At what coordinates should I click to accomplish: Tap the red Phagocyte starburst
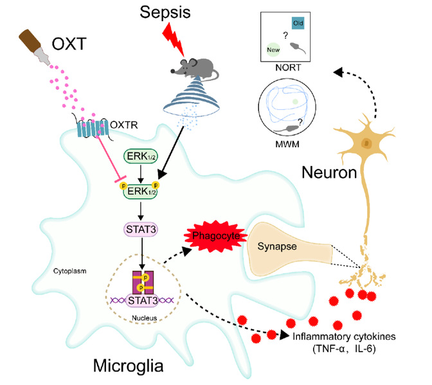[213, 236]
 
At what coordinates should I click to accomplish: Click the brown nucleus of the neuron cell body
[367, 142]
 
